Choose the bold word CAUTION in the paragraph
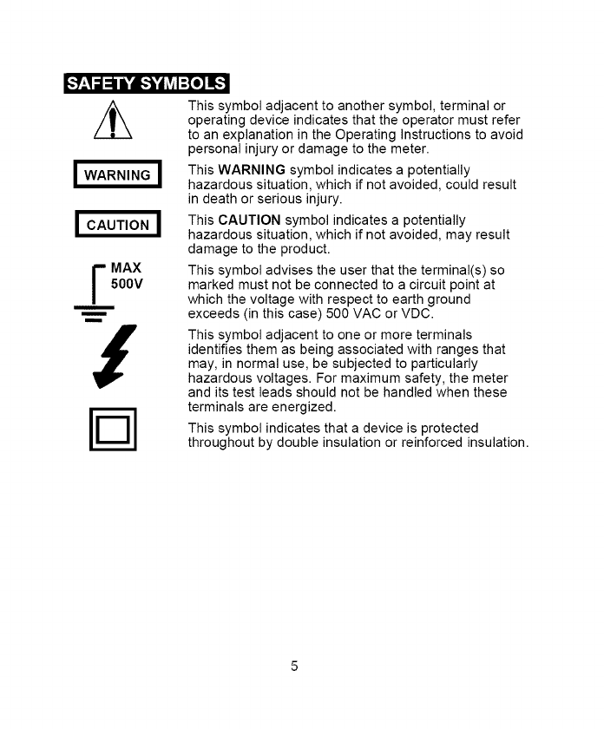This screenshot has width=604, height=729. coord(247,220)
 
